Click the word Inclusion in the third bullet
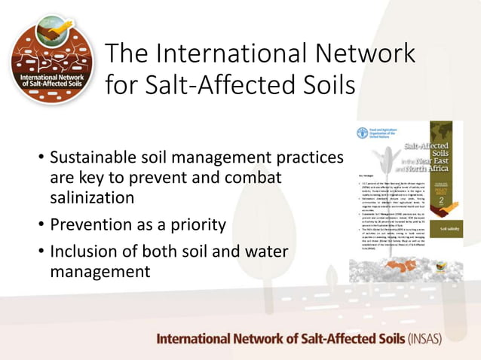click(84, 252)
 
